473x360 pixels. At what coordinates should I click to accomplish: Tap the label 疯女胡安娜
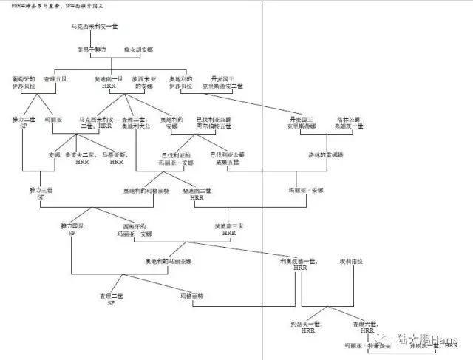tap(140, 50)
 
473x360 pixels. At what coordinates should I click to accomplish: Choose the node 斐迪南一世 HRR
tap(109, 82)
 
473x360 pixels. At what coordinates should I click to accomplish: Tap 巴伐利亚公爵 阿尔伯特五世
tap(214, 122)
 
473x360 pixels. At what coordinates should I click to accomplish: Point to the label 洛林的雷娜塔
tap(325, 154)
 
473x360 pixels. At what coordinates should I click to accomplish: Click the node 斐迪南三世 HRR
tap(228, 229)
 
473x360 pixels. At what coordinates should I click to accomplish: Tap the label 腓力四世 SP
tap(72, 229)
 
